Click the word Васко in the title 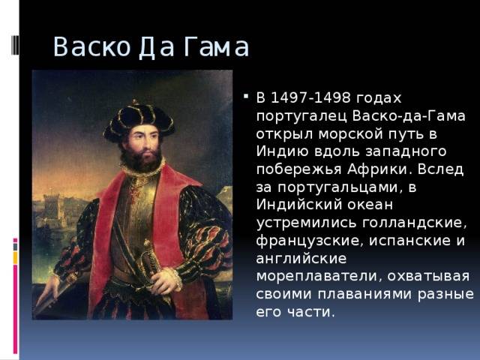(x=91, y=47)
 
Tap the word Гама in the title (x=217, y=47)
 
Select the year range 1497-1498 (x=311, y=97)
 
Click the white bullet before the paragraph (x=246, y=97)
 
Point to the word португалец (x=301, y=117)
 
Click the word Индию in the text (x=282, y=151)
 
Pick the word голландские (x=414, y=223)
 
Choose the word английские (x=301, y=258)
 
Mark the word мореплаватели (x=319, y=276)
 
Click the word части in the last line (x=310, y=312)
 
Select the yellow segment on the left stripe (x=15, y=258)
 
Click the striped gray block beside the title (x=15, y=45)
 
